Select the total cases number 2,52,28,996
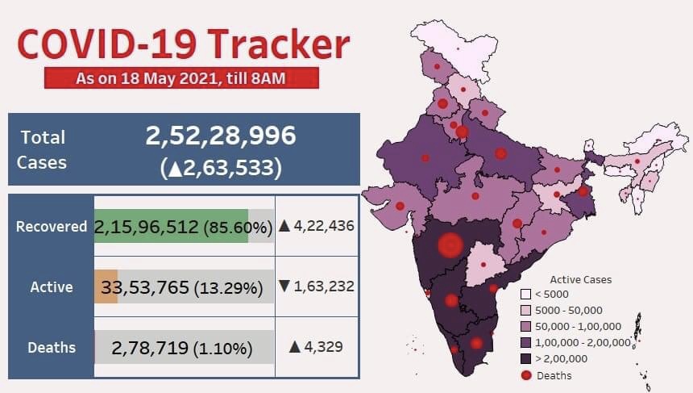220,136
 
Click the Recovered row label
52,227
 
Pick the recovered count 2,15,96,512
146,228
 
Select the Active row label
52,286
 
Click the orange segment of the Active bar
106,286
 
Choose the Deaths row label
52,348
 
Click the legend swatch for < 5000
525,295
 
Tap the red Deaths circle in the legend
525,375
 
